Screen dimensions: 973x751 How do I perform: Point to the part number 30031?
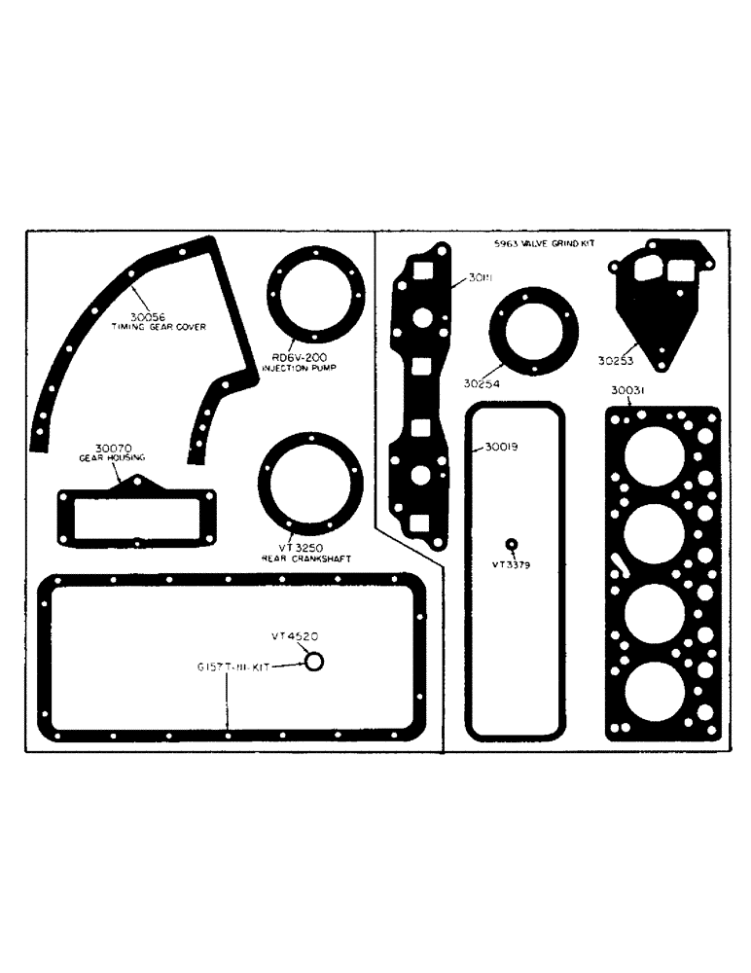[x=630, y=391]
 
